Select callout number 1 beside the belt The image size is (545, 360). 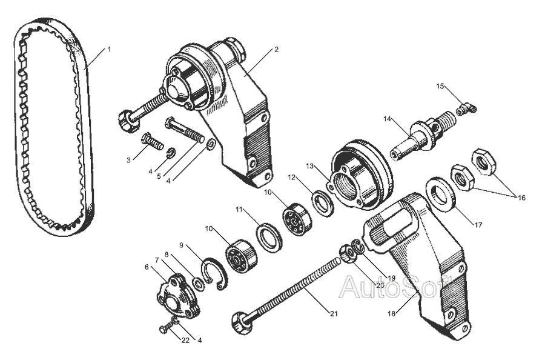(x=109, y=49)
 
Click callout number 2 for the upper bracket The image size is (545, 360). (x=276, y=49)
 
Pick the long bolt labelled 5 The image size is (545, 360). (x=185, y=130)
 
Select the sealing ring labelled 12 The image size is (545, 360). (x=323, y=203)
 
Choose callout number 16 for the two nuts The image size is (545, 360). (x=521, y=198)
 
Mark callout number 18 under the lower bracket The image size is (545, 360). (x=392, y=314)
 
